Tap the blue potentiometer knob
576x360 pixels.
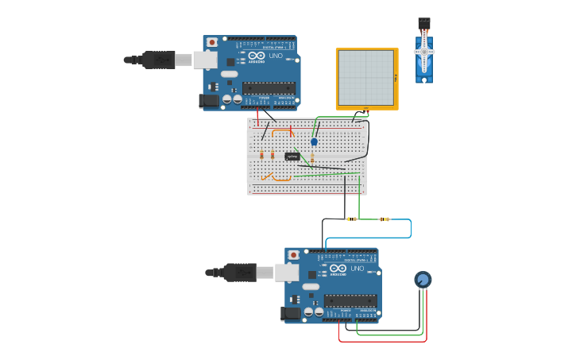423,280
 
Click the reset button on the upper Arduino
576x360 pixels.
212,42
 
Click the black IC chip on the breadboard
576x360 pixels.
292,157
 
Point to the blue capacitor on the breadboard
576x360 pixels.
314,142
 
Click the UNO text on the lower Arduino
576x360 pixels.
358,269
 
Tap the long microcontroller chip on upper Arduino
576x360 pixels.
269,87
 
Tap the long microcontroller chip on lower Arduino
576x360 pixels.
350,300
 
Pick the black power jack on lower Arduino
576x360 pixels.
292,313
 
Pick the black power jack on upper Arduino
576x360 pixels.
208,101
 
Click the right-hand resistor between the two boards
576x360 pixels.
385,219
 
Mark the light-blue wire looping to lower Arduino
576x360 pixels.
410,229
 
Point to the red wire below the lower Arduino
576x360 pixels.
381,342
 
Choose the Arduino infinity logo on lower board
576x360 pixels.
338,269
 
